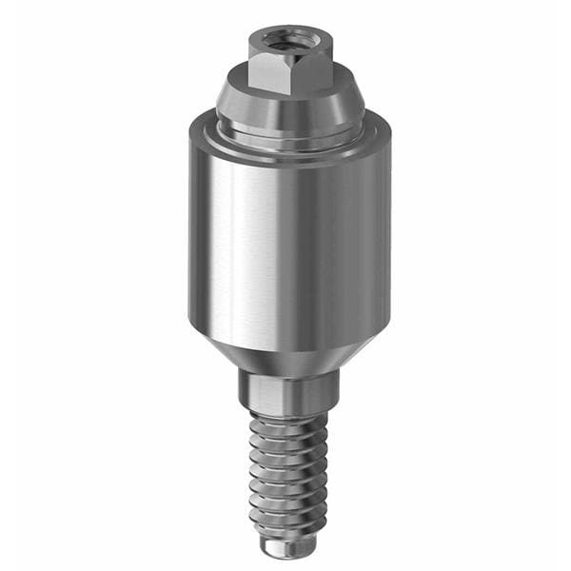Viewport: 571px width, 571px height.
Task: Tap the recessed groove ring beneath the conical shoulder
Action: click(285, 134)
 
